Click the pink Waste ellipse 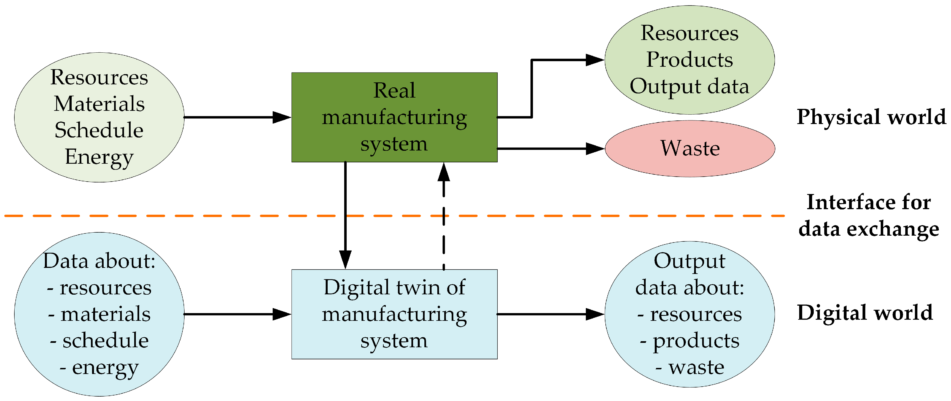[x=690, y=149]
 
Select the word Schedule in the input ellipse [x=99, y=130]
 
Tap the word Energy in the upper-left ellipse [x=99, y=157]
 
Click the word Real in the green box [x=394, y=90]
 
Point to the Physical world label [x=871, y=117]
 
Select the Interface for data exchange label [x=868, y=215]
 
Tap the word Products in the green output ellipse [x=689, y=60]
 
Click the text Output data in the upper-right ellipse [x=689, y=87]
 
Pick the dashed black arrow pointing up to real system [x=443, y=229]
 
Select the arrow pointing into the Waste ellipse [x=550, y=149]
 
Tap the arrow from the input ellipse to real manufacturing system [x=236, y=117]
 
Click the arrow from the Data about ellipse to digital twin [x=236, y=314]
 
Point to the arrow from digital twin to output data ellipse [x=550, y=314]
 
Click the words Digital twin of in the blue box [x=394, y=287]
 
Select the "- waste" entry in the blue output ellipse [x=690, y=367]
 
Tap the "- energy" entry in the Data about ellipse [x=99, y=367]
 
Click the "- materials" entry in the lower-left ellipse [x=99, y=314]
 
